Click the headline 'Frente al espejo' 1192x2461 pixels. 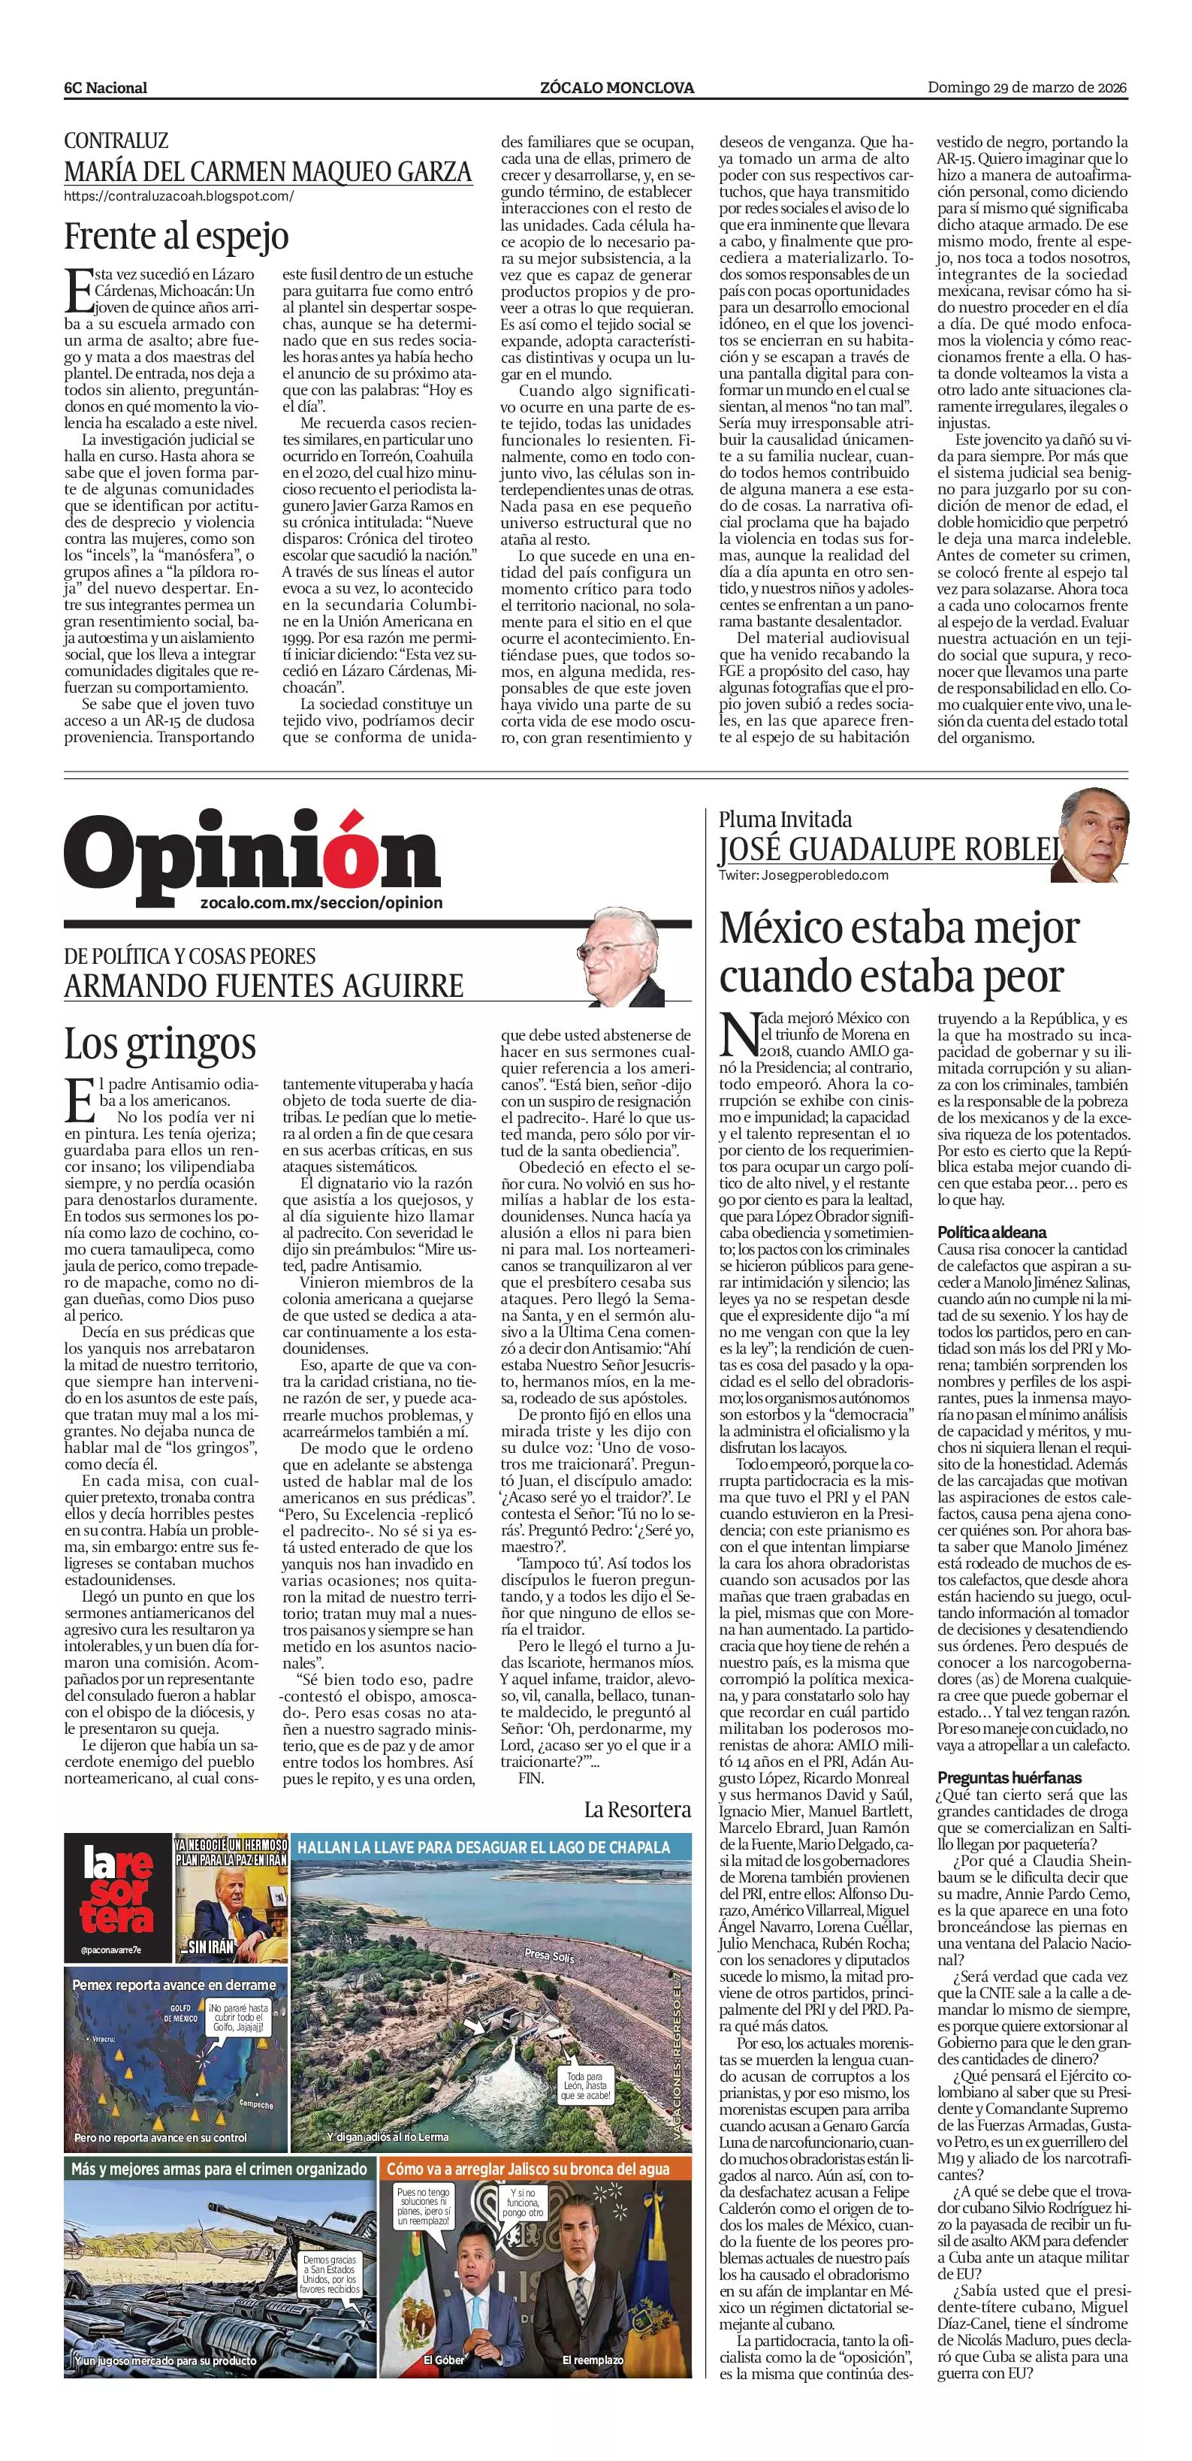[x=176, y=235]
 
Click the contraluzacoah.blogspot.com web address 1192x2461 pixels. [x=179, y=196]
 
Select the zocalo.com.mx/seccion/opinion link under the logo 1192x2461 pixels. [x=322, y=903]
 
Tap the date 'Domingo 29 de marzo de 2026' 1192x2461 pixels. [x=1028, y=88]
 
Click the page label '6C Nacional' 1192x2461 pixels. [x=106, y=88]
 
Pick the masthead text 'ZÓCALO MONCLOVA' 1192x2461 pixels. [x=616, y=88]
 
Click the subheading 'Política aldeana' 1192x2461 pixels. [x=991, y=1233]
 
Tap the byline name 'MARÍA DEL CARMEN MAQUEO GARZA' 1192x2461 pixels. [x=267, y=171]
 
